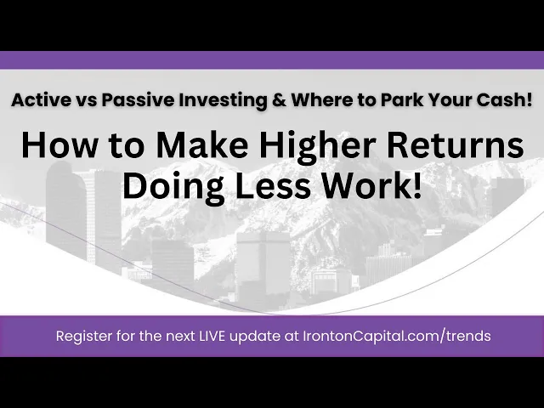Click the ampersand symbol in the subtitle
(x=280, y=100)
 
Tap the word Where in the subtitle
(x=320, y=100)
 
